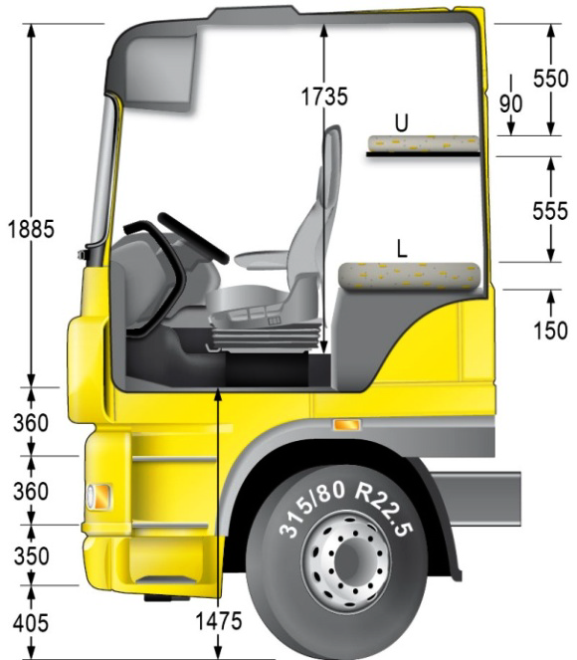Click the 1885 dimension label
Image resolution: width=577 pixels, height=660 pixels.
coord(32,229)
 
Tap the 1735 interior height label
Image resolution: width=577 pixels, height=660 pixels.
coord(324,97)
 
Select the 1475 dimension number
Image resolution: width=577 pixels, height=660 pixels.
coord(219,621)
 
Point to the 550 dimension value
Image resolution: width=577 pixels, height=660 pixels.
coord(550,79)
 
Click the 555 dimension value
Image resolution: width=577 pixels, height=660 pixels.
coord(550,210)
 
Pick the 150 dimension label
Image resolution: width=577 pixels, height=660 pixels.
coord(550,330)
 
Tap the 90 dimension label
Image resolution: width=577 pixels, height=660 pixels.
coord(511,104)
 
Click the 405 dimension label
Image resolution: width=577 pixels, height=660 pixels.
coord(31,622)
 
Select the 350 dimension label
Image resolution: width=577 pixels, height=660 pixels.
coord(31,556)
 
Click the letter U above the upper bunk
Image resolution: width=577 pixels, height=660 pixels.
coord(402,122)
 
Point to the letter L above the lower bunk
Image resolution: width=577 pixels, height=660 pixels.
coord(403,248)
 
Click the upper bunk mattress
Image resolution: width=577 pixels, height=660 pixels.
coord(423,144)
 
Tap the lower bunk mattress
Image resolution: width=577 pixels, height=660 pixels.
coord(409,276)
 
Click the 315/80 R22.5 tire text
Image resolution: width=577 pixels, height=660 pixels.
coord(345,508)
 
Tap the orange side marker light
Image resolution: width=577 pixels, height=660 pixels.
coord(346,425)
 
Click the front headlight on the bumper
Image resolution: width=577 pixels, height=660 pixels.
coord(98,497)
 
